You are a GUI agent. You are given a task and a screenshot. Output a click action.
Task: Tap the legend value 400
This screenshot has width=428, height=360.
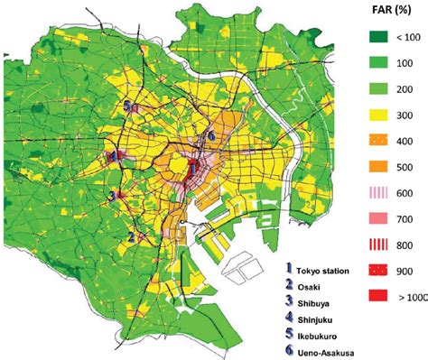[x=405, y=143]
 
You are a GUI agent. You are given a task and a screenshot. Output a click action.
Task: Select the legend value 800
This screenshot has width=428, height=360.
[x=405, y=245]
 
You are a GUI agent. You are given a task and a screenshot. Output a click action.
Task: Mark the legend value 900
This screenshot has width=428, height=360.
[x=405, y=270]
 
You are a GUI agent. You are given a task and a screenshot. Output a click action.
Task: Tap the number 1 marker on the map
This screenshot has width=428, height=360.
[x=191, y=169]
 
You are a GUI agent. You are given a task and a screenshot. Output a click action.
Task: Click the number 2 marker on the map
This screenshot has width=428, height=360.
[x=131, y=237]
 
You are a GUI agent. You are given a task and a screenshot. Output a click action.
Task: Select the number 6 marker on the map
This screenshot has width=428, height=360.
[x=210, y=135]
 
